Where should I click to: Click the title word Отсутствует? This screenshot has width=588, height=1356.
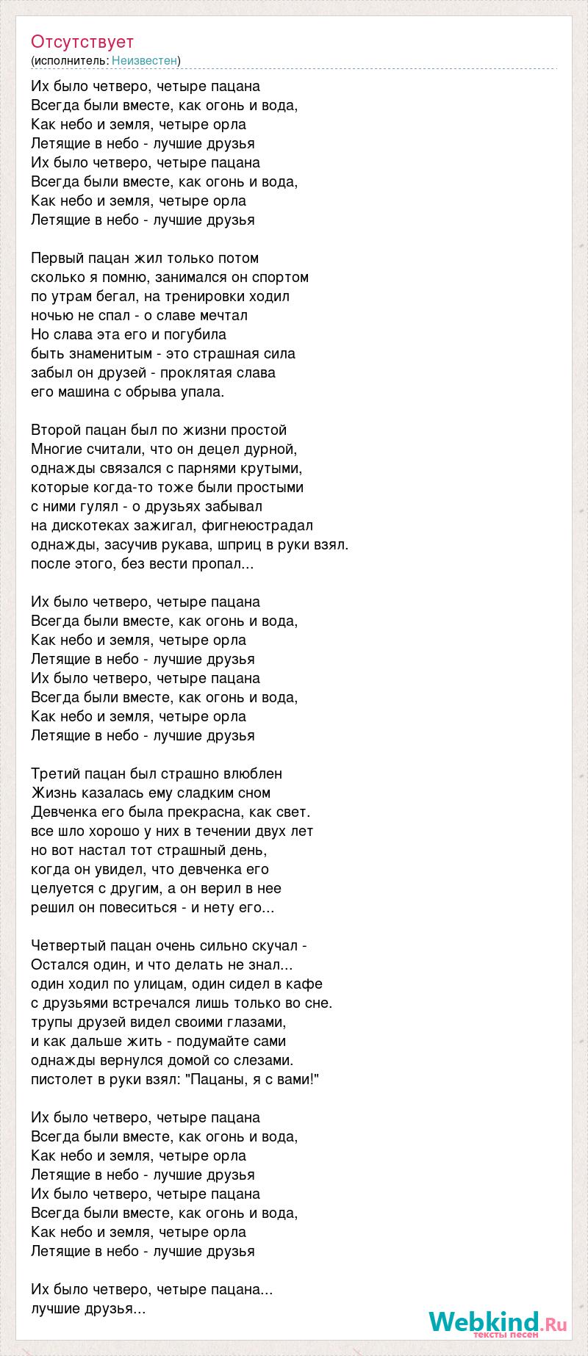pyautogui.click(x=82, y=42)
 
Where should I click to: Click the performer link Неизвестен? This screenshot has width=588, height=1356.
pyautogui.click(x=145, y=60)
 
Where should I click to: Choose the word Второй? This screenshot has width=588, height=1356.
pyautogui.click(x=55, y=430)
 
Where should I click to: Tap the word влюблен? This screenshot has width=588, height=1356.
pyautogui.click(x=251, y=773)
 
